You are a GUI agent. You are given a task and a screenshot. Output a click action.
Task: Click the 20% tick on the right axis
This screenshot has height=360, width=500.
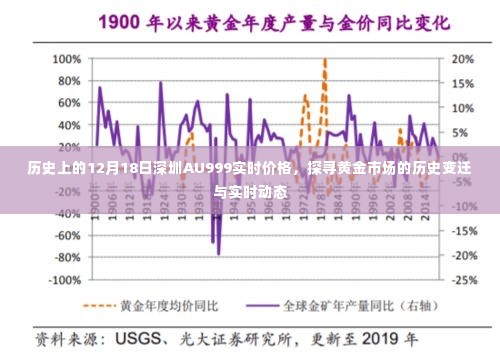[x=463, y=58]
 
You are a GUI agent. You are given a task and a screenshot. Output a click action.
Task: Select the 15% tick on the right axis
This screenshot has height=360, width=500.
[x=463, y=83]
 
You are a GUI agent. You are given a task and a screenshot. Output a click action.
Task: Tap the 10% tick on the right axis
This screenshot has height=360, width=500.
[x=463, y=108]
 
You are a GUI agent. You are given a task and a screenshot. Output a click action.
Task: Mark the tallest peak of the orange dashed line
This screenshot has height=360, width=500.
[x=324, y=60]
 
